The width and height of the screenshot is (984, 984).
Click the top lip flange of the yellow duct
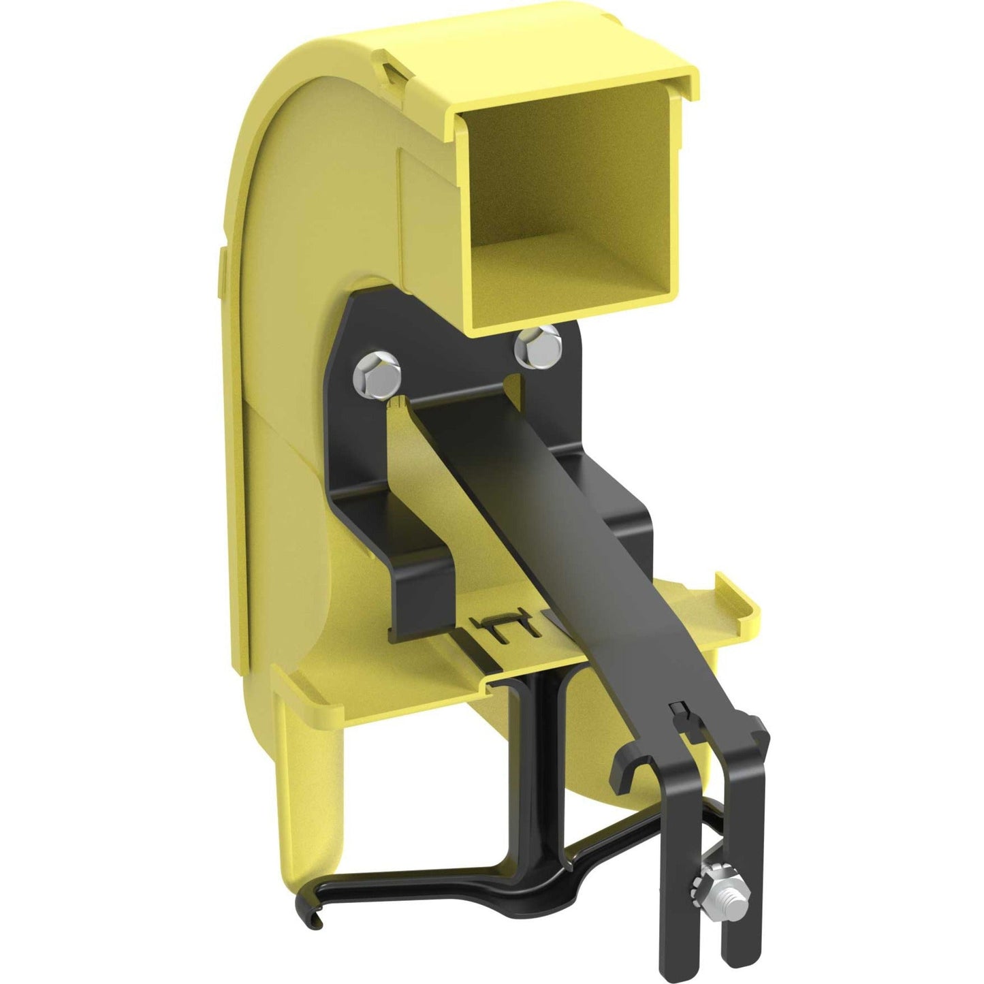(x=572, y=89)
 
